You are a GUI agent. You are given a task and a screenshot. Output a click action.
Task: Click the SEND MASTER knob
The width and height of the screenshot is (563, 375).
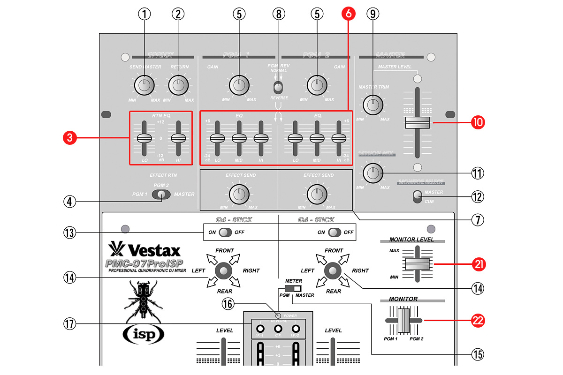pyautogui.click(x=144, y=85)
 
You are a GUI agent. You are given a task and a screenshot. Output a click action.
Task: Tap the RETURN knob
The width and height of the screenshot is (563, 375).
pyautogui.click(x=178, y=85)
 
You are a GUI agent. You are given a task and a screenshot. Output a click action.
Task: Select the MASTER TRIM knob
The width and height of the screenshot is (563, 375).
pyautogui.click(x=373, y=104)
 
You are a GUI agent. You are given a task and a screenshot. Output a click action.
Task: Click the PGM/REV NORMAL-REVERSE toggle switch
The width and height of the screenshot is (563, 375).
pyautogui.click(x=278, y=87)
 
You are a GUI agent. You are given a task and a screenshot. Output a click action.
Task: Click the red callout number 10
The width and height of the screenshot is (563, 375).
pyautogui.click(x=478, y=123)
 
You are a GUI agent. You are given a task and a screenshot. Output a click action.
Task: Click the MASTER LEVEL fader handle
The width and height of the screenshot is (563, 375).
pyautogui.click(x=417, y=123)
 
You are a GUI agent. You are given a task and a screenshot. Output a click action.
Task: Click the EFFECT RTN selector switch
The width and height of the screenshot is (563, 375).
pyautogui.click(x=162, y=195)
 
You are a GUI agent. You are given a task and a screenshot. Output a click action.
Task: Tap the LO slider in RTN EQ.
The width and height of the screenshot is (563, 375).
pyautogui.click(x=145, y=138)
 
